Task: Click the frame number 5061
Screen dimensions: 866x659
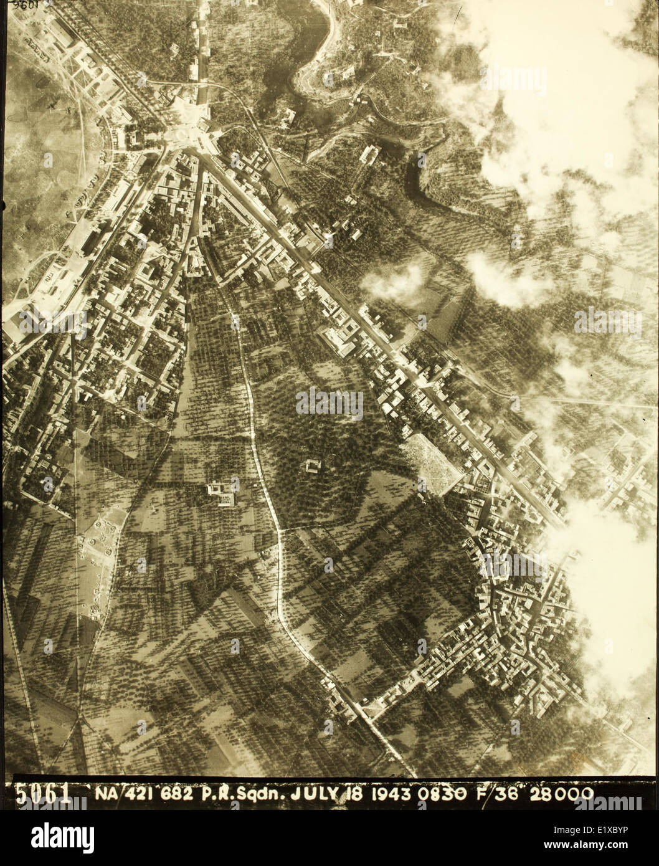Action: point(42,794)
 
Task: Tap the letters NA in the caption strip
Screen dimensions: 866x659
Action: point(107,794)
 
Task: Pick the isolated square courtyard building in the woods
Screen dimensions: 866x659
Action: point(312,465)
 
